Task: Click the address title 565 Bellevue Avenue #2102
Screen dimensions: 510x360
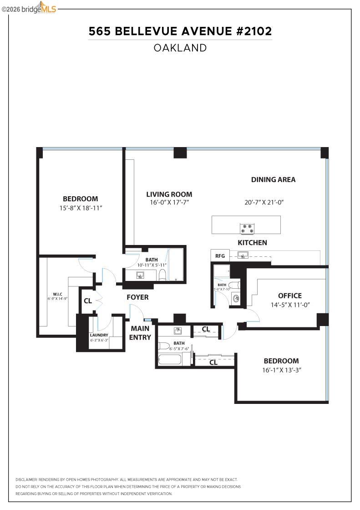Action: pos(180,31)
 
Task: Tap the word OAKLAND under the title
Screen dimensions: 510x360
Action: pos(180,48)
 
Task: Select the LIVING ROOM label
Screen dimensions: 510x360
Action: pos(169,194)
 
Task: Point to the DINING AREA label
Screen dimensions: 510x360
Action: pos(273,179)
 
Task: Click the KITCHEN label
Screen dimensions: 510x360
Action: pos(252,243)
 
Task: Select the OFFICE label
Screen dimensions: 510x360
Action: pos(289,296)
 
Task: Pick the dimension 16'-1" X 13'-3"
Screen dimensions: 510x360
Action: pos(282,370)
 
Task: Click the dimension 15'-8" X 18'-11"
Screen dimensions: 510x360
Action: pos(81,208)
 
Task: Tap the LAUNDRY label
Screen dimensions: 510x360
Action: pos(99,335)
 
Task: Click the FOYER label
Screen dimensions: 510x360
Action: pos(137,297)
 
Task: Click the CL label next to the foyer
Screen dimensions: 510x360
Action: pos(87,301)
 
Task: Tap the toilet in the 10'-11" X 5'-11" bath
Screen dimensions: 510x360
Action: pos(162,275)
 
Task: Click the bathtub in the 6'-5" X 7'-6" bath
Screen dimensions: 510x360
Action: pos(170,359)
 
